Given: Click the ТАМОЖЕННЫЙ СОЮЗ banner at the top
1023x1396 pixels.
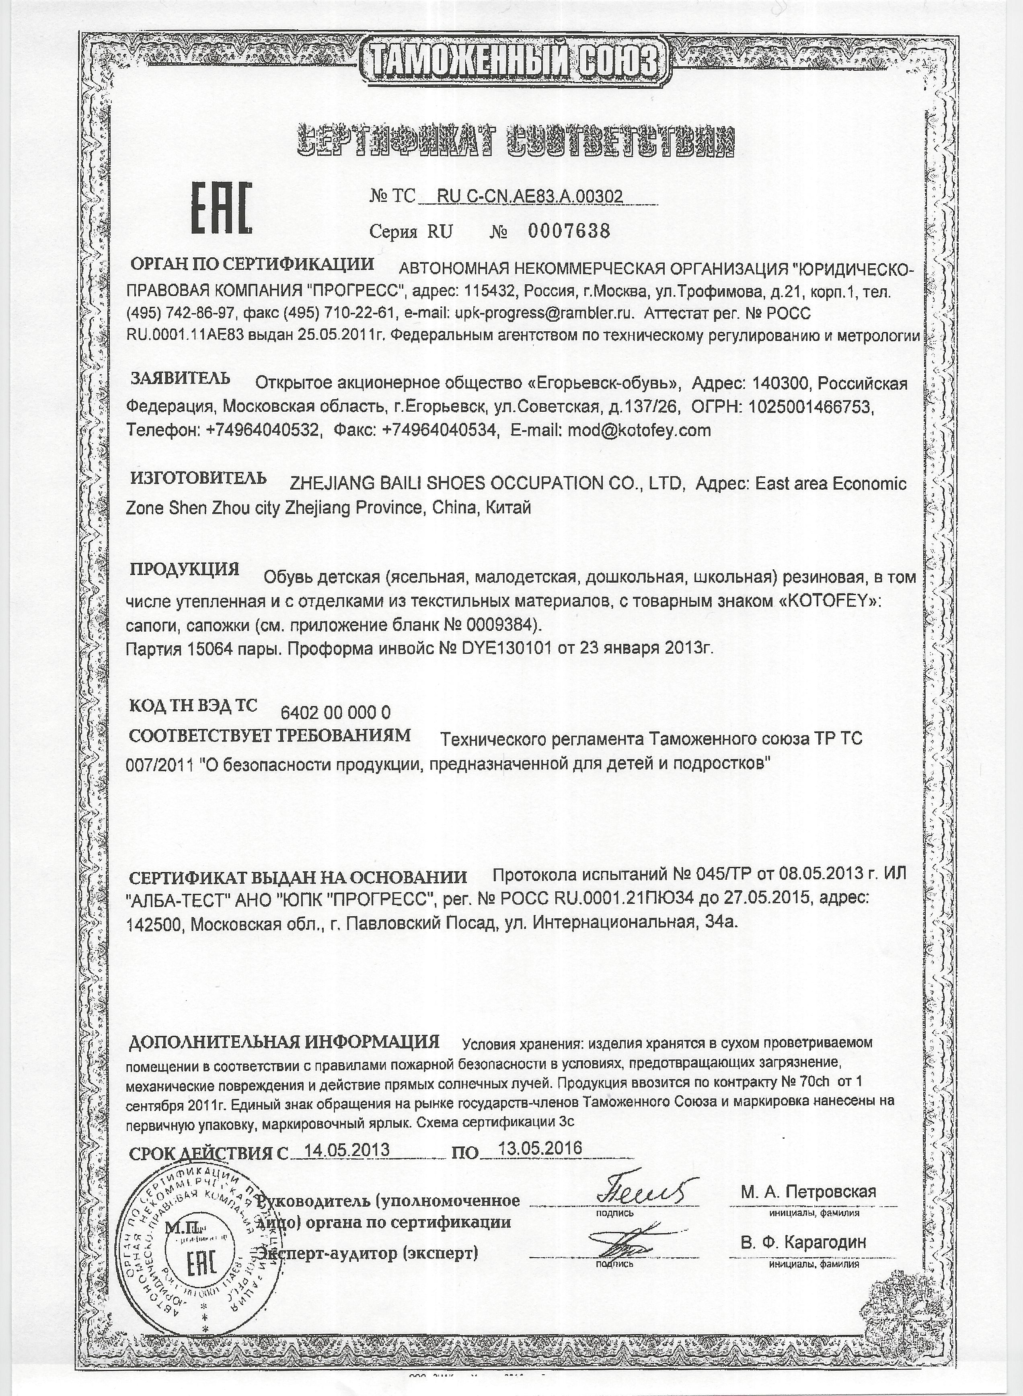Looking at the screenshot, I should tap(511, 64).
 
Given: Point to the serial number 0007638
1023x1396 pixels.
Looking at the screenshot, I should tap(569, 232).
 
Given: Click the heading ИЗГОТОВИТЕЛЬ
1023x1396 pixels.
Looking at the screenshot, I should tap(198, 478).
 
